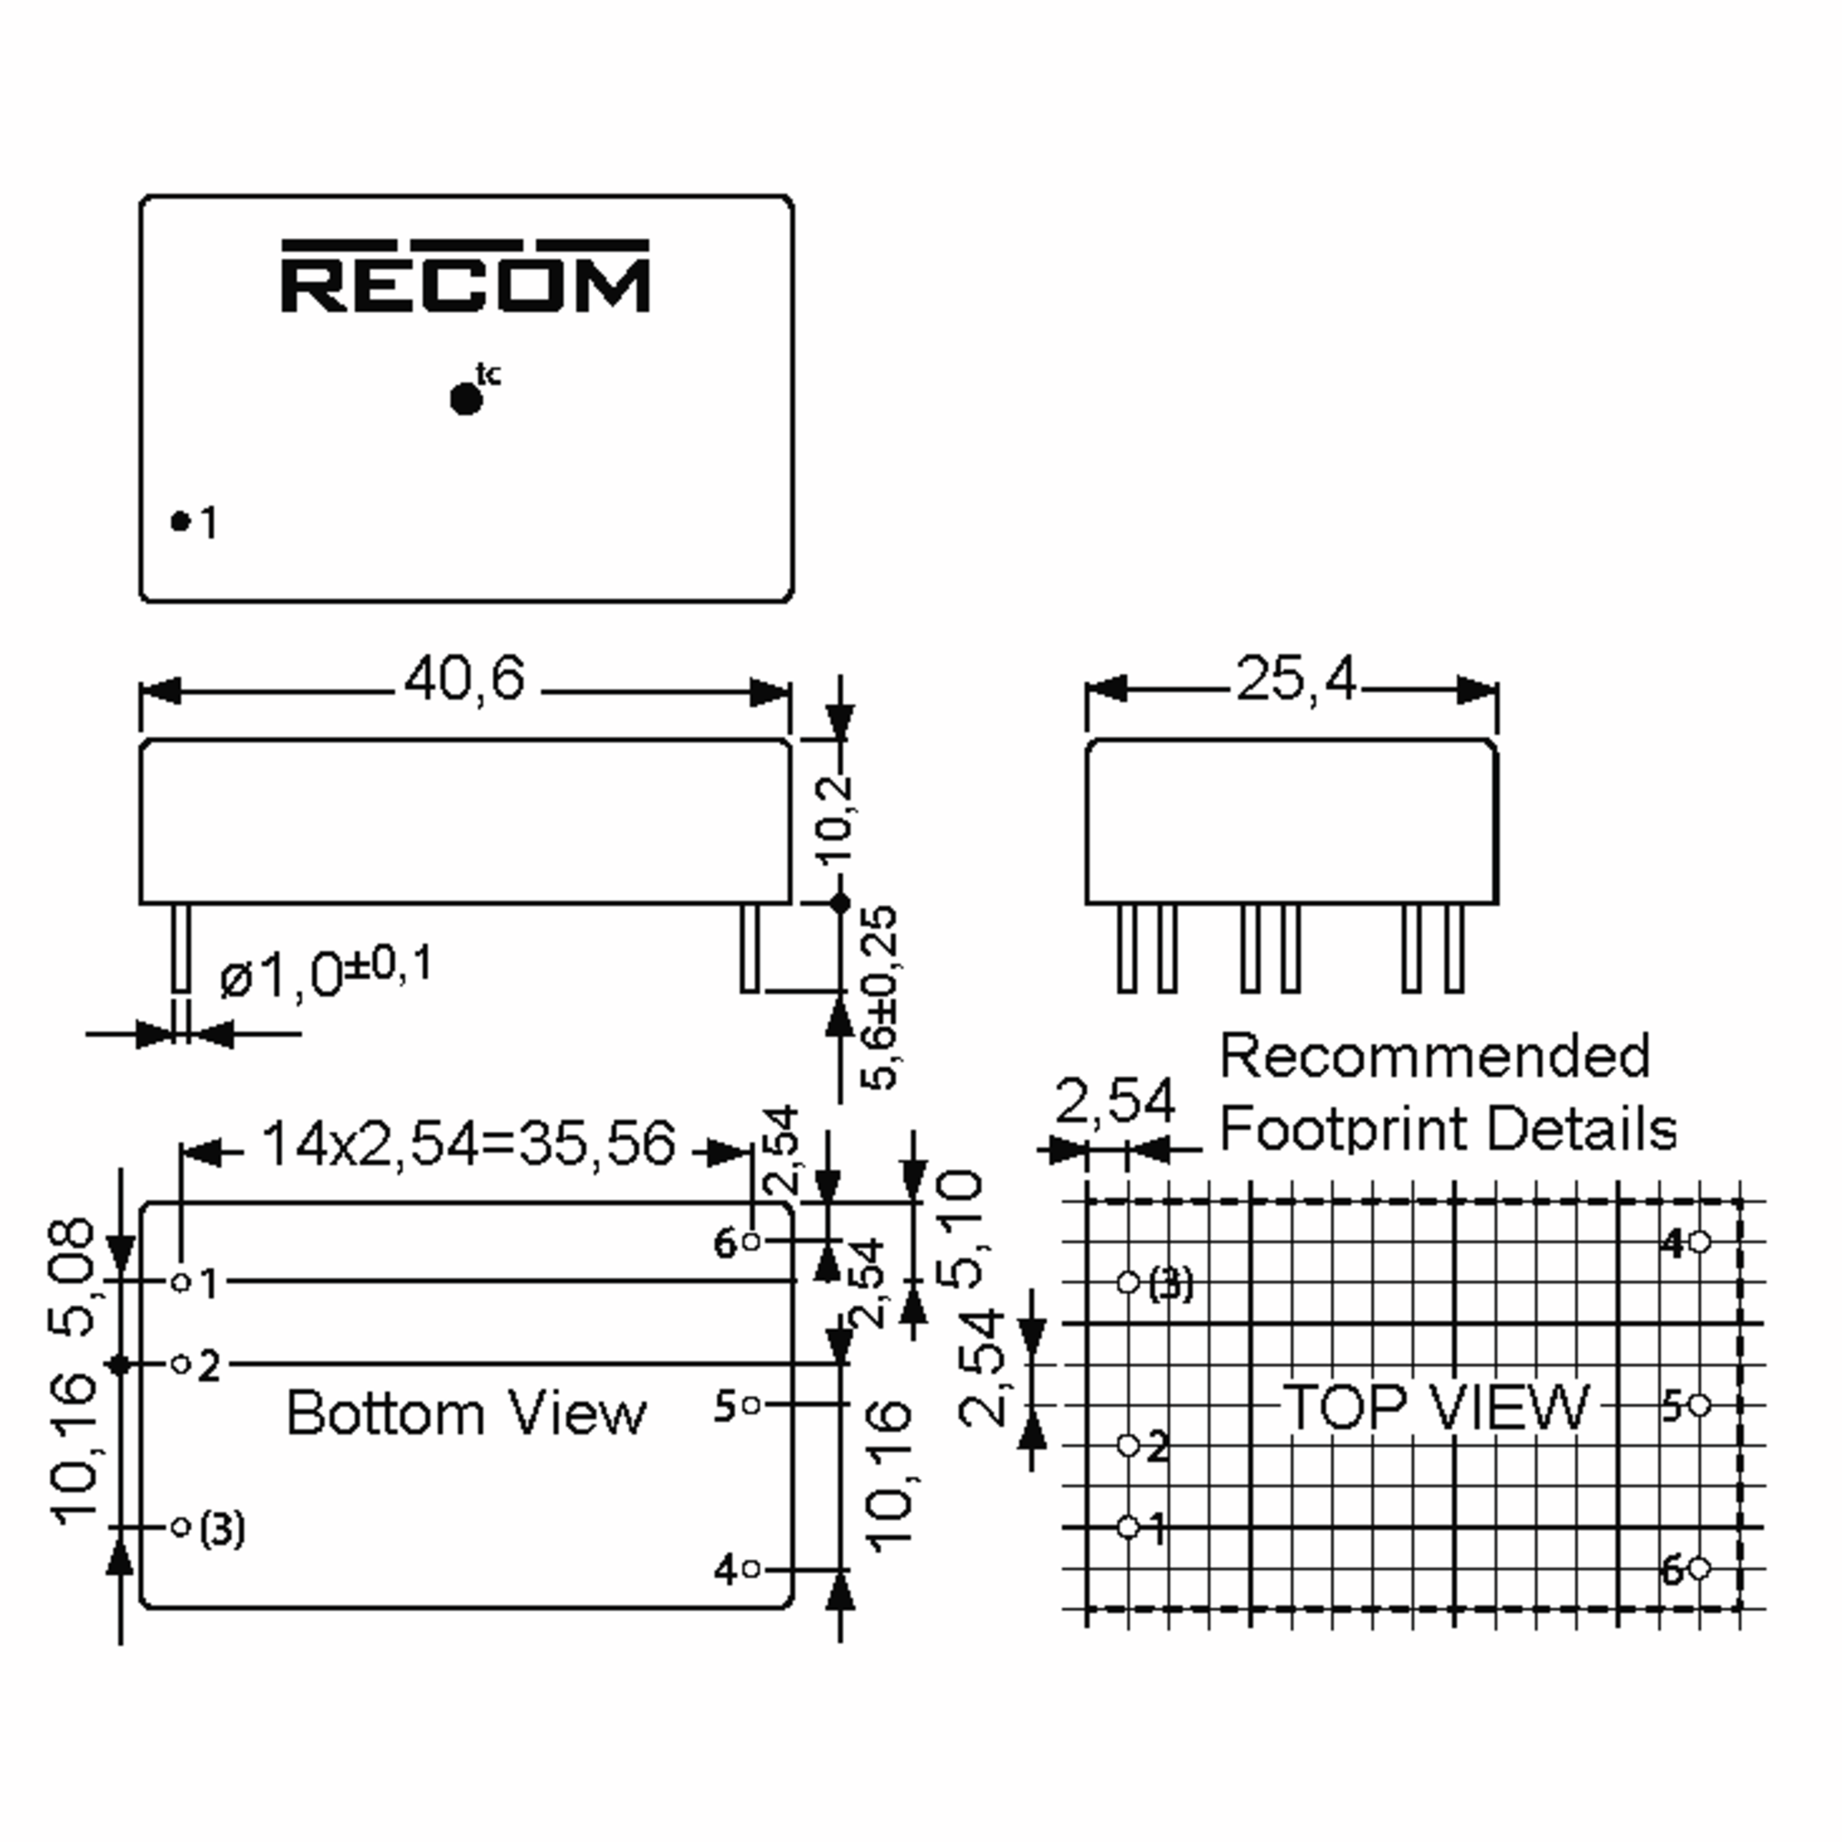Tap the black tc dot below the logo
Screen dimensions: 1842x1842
pos(465,399)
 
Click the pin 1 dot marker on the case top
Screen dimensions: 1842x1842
pos(180,520)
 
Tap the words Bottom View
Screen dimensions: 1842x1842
pos(466,1413)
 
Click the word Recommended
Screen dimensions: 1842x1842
pos(1435,1055)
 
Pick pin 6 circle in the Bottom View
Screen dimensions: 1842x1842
pos(751,1241)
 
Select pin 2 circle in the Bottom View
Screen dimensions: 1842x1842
pos(180,1365)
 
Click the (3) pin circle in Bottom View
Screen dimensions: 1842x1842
pos(180,1527)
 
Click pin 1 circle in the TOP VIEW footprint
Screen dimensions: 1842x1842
pos(1128,1527)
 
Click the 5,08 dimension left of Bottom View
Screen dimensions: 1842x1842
pos(71,1278)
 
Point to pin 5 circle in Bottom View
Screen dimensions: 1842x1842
pos(751,1405)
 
